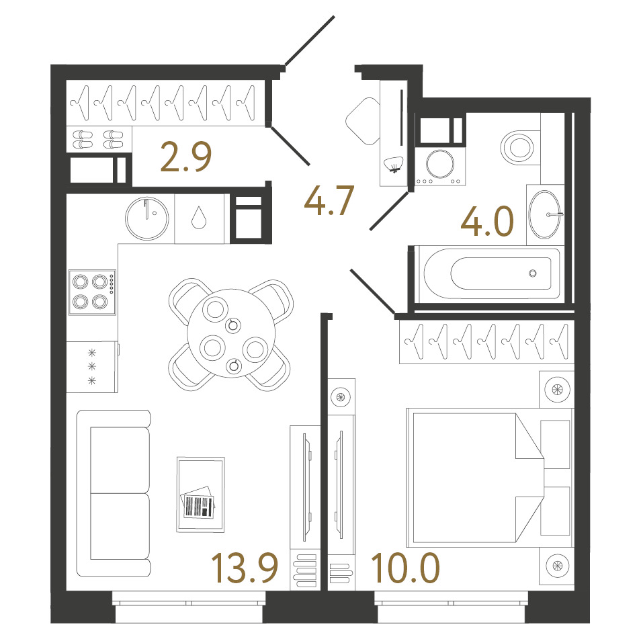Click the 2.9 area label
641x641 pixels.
[x=186, y=157]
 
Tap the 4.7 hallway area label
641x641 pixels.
[x=329, y=200]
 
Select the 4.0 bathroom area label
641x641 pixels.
[x=487, y=221]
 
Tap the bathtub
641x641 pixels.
[x=492, y=273]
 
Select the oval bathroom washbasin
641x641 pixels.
[x=544, y=214]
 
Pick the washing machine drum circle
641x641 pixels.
[x=440, y=164]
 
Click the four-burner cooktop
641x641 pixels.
[x=92, y=292]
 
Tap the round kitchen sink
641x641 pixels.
[x=146, y=218]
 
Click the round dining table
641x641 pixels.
[x=231, y=333]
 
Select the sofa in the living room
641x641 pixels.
[x=114, y=493]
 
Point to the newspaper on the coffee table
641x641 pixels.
[x=198, y=503]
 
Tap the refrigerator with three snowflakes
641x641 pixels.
[x=93, y=366]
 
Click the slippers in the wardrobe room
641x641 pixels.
[x=98, y=139]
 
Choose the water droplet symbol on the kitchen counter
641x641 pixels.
[x=199, y=218]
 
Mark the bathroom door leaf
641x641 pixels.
[x=389, y=211]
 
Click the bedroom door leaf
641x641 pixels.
[x=373, y=291]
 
